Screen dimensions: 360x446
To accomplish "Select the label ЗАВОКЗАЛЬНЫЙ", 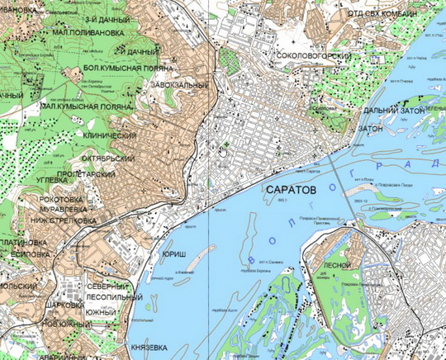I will coord(178,85).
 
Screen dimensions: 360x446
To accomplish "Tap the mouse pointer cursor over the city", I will coord(223,149).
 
